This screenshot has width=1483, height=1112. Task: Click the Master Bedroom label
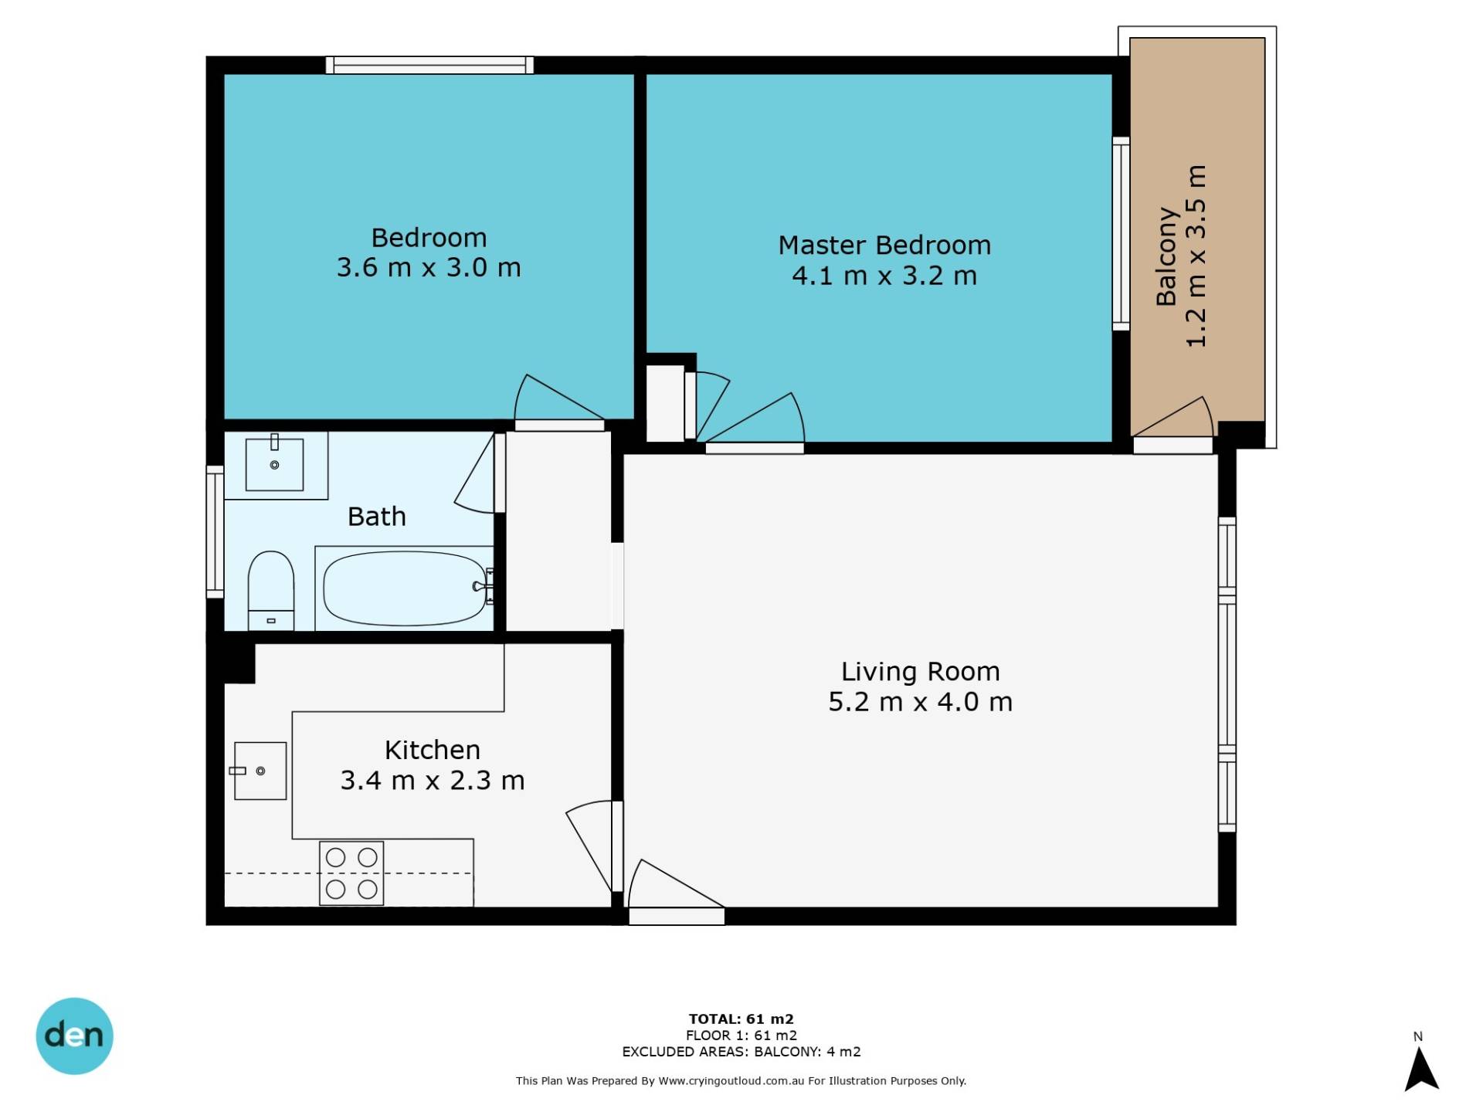tap(884, 246)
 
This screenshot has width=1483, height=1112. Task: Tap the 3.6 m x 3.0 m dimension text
tap(429, 268)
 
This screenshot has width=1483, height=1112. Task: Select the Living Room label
tap(920, 672)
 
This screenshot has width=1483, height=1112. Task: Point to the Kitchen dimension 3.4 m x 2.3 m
tap(433, 781)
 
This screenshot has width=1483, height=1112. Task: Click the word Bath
tap(376, 517)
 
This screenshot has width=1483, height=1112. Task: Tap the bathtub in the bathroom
tap(404, 588)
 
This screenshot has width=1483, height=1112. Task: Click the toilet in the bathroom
tap(271, 591)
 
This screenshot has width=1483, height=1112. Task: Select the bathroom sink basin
tap(274, 465)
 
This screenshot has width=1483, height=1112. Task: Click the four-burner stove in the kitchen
tap(351, 873)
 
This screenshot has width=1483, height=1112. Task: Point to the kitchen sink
tap(260, 771)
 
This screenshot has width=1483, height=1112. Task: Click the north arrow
tap(1421, 1070)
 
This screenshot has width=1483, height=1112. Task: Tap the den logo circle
tap(75, 1036)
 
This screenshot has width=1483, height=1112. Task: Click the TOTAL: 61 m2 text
tap(741, 1019)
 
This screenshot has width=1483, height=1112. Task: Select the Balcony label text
tap(1166, 256)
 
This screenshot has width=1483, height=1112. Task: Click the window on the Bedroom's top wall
tap(429, 66)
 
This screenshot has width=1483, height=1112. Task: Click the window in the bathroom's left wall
tap(215, 531)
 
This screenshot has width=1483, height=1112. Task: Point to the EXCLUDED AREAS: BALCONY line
tap(741, 1052)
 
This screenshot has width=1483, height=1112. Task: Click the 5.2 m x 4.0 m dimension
tap(920, 702)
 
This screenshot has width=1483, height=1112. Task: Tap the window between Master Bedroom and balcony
tap(1121, 234)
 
